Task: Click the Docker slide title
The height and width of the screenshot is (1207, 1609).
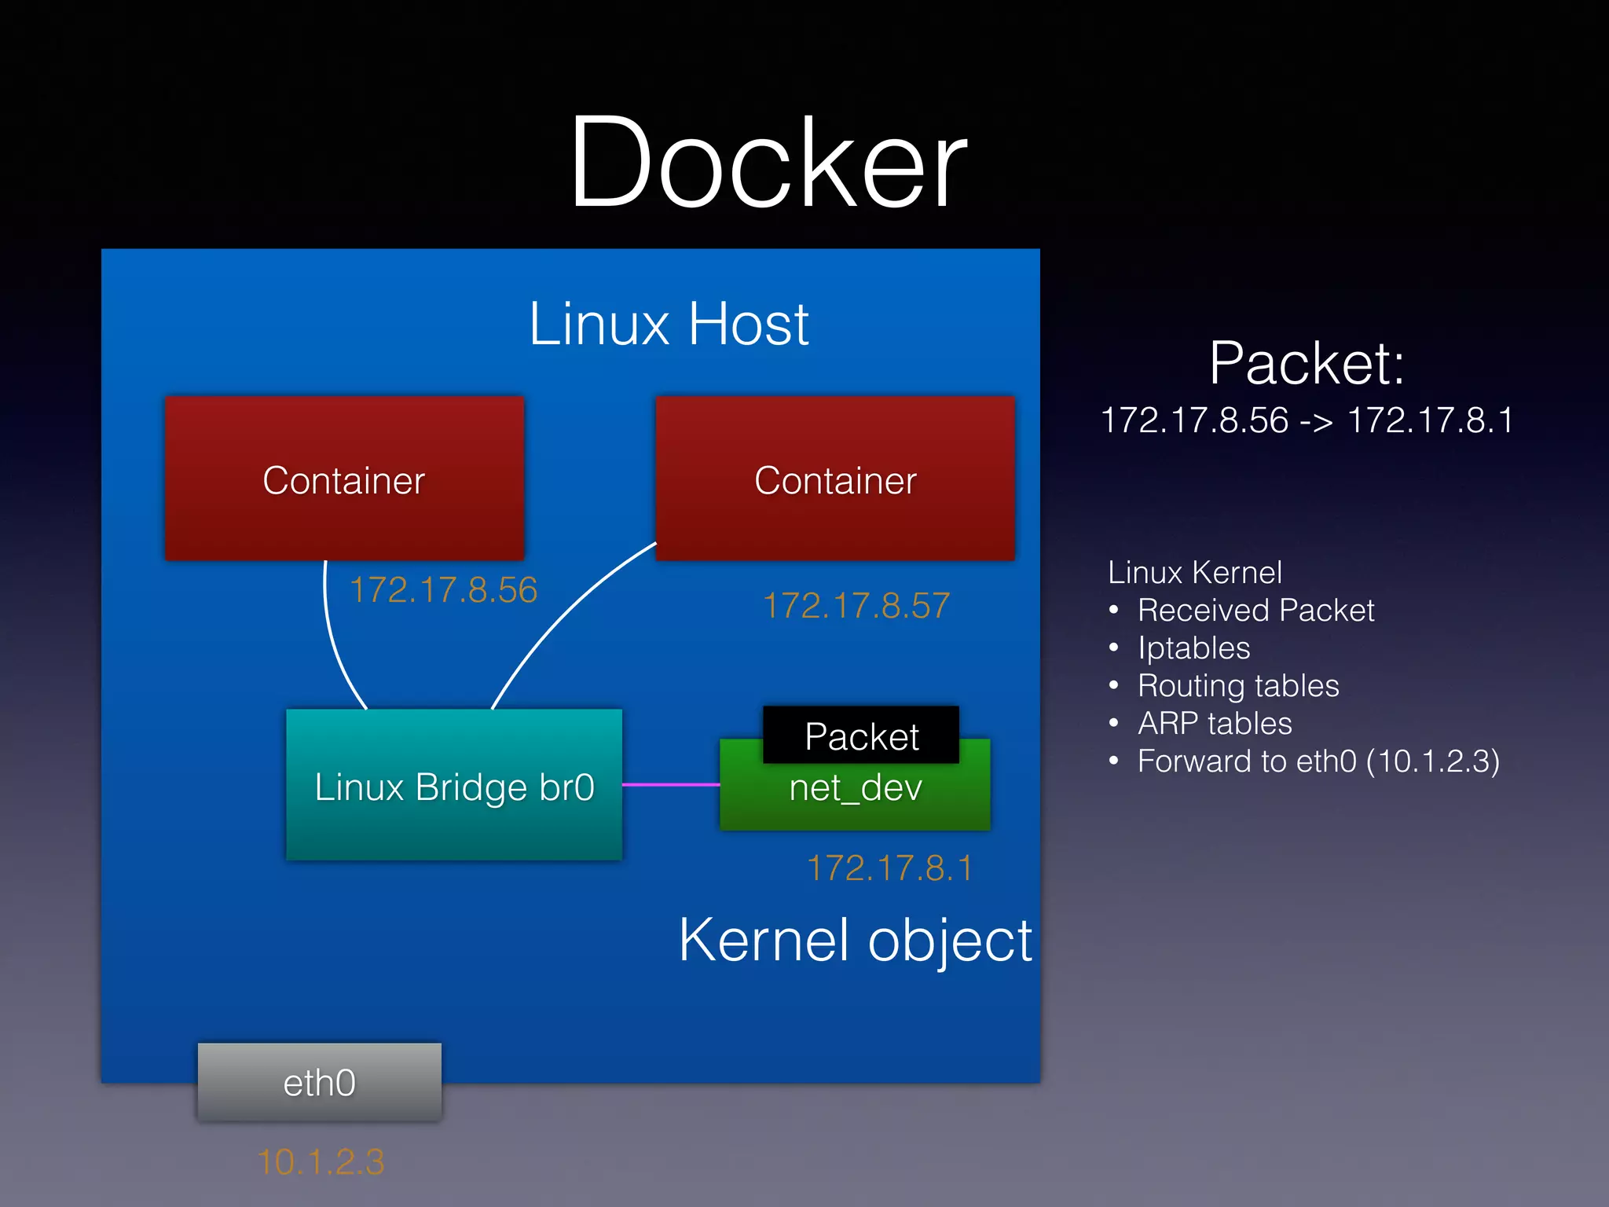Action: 768,162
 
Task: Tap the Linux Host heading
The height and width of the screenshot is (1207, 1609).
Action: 669,324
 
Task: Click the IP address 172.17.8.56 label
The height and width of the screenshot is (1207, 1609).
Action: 443,590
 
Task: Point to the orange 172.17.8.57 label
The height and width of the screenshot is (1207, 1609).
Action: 856,606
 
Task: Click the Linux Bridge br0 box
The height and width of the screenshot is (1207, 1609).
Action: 454,786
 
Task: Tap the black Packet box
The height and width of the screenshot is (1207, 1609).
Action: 861,736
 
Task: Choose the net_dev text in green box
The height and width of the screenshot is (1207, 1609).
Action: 855,788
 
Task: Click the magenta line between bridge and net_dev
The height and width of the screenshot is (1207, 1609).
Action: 670,784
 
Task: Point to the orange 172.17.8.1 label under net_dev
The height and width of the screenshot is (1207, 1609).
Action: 890,868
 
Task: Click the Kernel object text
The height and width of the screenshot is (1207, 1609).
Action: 855,940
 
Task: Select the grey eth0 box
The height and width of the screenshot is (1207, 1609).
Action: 319,1082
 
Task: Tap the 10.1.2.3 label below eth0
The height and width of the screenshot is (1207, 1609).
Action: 321,1161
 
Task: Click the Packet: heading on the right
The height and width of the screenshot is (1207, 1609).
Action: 1307,363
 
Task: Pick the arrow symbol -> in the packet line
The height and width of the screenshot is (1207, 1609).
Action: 1317,421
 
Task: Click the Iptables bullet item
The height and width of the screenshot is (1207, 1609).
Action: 1193,648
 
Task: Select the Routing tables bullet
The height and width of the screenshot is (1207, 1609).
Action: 1238,686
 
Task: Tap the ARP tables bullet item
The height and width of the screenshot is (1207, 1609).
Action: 1215,724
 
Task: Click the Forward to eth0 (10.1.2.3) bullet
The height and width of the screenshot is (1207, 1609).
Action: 1318,761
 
